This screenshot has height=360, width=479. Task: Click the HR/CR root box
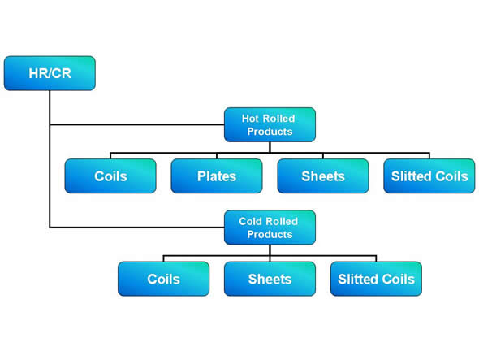tap(50, 73)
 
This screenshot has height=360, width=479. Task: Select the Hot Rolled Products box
tap(270, 124)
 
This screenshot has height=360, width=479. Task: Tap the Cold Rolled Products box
tap(270, 228)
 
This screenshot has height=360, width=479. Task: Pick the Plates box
tap(217, 176)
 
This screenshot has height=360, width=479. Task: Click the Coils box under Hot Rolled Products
tap(110, 176)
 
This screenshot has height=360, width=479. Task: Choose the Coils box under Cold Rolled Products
tap(163, 279)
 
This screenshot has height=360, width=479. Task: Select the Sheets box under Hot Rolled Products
tap(323, 176)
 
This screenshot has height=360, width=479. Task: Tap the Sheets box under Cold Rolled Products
tap(270, 279)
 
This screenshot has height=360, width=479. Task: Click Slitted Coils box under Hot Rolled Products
tap(429, 176)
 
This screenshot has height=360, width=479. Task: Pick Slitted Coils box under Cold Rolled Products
tap(376, 279)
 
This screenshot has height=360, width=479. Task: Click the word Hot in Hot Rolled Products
tap(250, 119)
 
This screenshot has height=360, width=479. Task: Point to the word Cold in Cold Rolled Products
tap(251, 221)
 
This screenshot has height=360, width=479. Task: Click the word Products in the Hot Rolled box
tap(270, 132)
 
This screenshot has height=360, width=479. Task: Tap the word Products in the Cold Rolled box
tap(270, 234)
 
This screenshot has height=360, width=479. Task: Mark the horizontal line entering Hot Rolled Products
tap(137, 124)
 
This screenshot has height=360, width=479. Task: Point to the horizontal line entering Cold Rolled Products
tap(137, 228)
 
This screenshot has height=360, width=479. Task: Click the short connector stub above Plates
tap(217, 156)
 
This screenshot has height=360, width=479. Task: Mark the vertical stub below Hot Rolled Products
tap(270, 147)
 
